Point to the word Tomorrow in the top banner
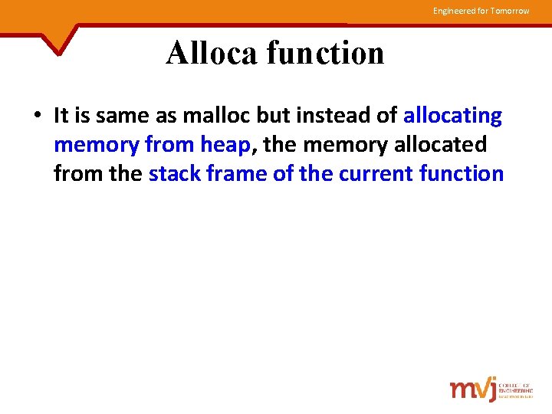[511, 11]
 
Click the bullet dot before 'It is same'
[37, 117]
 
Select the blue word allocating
[452, 116]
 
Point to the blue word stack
[175, 174]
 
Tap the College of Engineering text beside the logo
[515, 389]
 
